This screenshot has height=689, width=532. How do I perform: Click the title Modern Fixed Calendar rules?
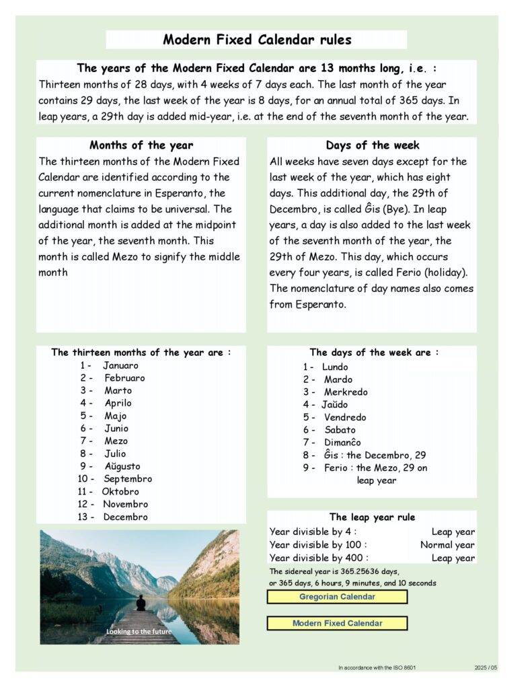pos(257,40)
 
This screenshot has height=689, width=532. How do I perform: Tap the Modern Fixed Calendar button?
pos(337,623)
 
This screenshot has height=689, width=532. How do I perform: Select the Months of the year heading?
pos(141,145)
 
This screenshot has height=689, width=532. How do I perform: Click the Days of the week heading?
pos(372,145)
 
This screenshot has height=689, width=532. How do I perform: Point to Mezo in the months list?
pos(116,441)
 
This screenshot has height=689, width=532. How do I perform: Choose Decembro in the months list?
pos(125,517)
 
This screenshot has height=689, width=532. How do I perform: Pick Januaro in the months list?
pos(120,365)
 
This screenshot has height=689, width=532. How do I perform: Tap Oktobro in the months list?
pos(120,491)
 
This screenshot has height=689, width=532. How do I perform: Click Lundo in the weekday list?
pos(335,367)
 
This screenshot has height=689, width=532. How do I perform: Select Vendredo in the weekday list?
pos(345,417)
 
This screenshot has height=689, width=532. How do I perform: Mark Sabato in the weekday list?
pos(340,430)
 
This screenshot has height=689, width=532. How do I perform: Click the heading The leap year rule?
pos(372,517)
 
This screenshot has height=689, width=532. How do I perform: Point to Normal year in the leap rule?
pos(447,545)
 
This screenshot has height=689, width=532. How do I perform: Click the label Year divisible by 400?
pos(318,558)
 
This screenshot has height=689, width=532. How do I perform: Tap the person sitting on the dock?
pos(141,602)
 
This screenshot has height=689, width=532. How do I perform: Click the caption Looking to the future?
pos(139,632)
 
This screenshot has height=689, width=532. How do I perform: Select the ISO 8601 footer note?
pos(377,667)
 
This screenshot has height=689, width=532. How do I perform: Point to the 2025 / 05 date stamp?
pos(485,667)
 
